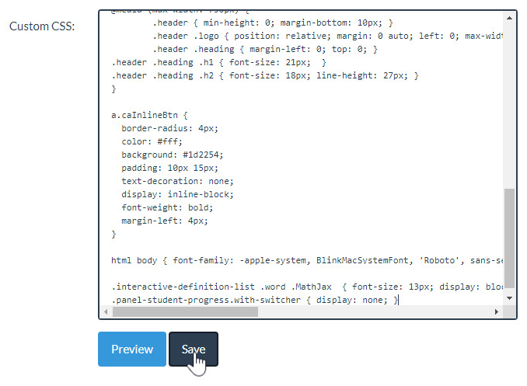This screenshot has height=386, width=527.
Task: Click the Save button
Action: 194,349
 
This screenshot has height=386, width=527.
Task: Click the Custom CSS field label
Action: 42,26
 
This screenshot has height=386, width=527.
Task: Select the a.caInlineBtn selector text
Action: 144,115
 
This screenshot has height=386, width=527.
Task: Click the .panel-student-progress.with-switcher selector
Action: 206,300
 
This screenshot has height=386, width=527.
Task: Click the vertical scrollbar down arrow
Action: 509,297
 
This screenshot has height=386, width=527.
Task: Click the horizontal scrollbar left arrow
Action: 106,311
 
